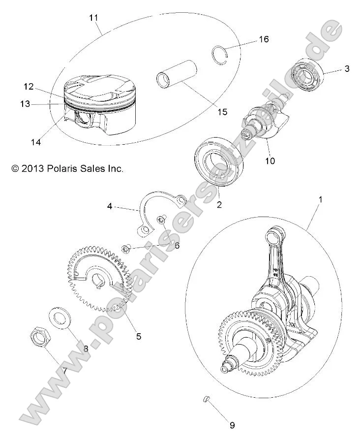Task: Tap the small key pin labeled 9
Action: coord(207,399)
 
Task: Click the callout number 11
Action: coord(93,18)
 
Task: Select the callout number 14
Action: coord(34,142)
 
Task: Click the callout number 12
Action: coord(28,87)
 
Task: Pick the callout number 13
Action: coord(25,104)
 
